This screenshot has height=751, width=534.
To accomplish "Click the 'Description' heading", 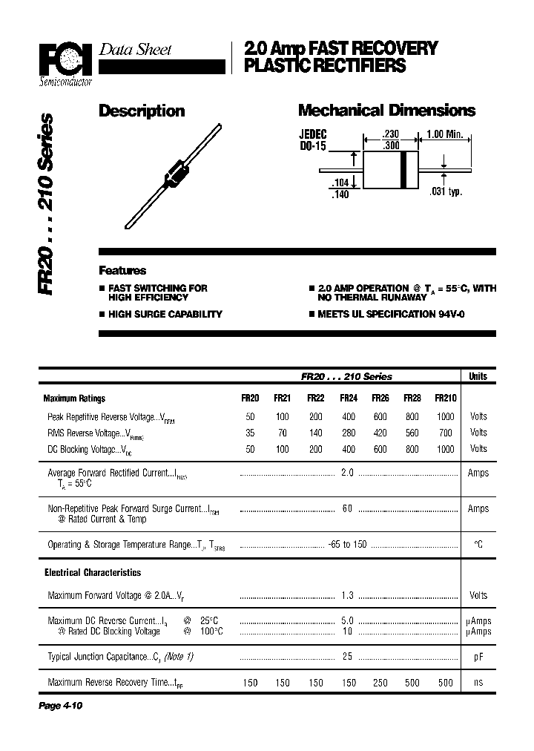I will pyautogui.click(x=142, y=111).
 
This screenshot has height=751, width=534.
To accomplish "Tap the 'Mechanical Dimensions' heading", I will pyautogui.click(x=386, y=111).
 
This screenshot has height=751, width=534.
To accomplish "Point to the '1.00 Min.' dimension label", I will pyautogui.click(x=444, y=134).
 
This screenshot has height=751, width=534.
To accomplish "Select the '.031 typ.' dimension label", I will pyautogui.click(x=446, y=192).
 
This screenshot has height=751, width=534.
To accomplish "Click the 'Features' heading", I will pyautogui.click(x=122, y=271).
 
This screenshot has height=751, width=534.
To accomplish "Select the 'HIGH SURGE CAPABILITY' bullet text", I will pyautogui.click(x=165, y=314).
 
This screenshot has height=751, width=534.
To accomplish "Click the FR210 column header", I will pyautogui.click(x=445, y=398).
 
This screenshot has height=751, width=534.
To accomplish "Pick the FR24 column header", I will pyautogui.click(x=349, y=398).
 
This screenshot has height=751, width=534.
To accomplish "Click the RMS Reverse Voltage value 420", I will pyautogui.click(x=380, y=433).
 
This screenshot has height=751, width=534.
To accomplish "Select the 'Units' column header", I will pyautogui.click(x=478, y=376).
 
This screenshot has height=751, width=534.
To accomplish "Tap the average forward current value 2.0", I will pyautogui.click(x=347, y=473).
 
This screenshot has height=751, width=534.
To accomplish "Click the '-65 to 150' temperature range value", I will pyautogui.click(x=347, y=545).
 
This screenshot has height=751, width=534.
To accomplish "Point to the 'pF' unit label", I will pyautogui.click(x=478, y=657).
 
